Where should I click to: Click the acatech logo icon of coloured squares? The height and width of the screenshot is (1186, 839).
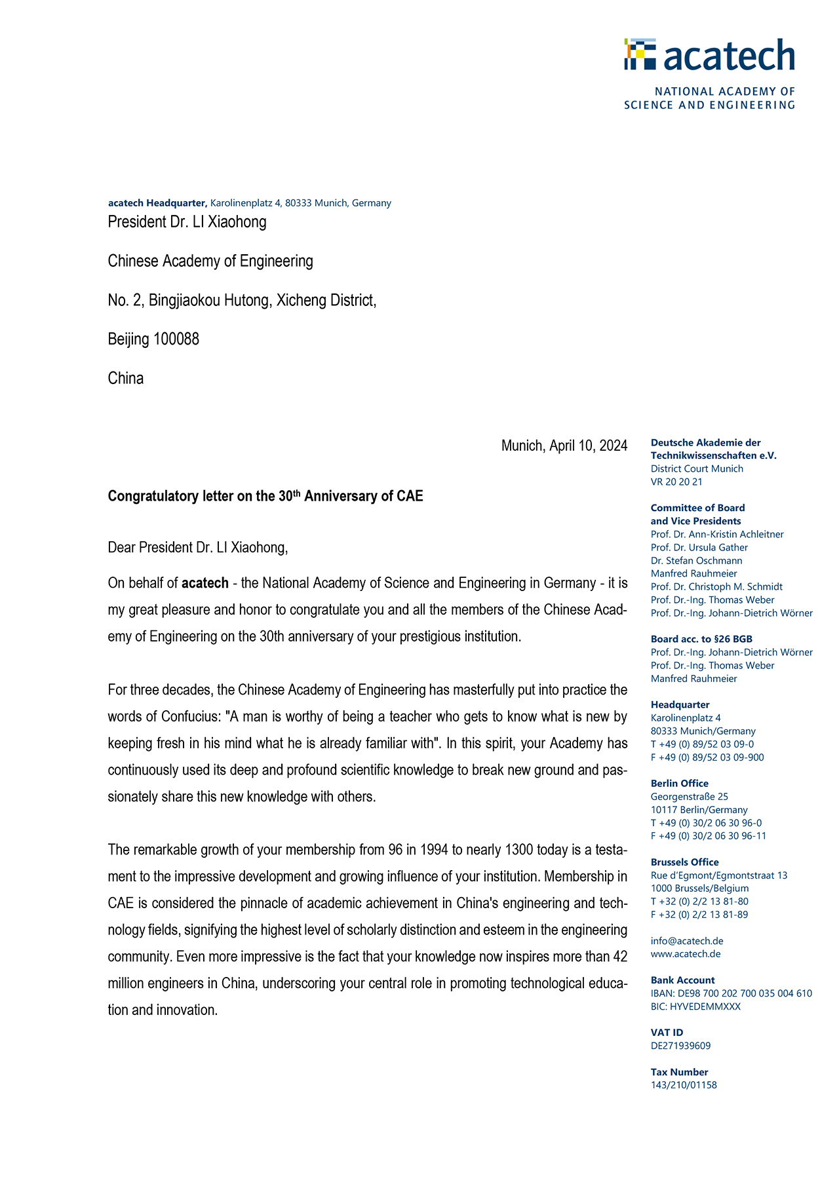[640, 54]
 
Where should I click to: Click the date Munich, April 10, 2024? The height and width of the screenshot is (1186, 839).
[564, 446]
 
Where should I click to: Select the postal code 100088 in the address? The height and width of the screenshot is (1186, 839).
[176, 339]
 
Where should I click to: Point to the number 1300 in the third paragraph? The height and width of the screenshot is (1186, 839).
[519, 851]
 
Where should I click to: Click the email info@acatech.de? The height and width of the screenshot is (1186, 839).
[687, 941]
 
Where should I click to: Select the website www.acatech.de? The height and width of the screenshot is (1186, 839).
[686, 954]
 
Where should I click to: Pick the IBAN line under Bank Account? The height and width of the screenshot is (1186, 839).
[731, 993]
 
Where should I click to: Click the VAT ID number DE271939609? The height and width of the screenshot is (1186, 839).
[680, 1046]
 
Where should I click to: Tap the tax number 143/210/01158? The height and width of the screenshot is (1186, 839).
[684, 1085]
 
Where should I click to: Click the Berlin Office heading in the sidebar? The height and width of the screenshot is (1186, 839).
[679, 784]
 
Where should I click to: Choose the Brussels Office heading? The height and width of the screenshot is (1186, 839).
[684, 862]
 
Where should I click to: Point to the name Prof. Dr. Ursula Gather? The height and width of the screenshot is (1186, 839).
[699, 548]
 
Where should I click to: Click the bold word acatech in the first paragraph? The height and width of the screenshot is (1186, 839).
[205, 583]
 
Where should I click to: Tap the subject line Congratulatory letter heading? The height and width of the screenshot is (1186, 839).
[265, 496]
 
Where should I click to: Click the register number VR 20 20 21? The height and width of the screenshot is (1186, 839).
[676, 482]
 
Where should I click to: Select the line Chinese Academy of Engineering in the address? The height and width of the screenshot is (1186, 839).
[210, 261]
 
